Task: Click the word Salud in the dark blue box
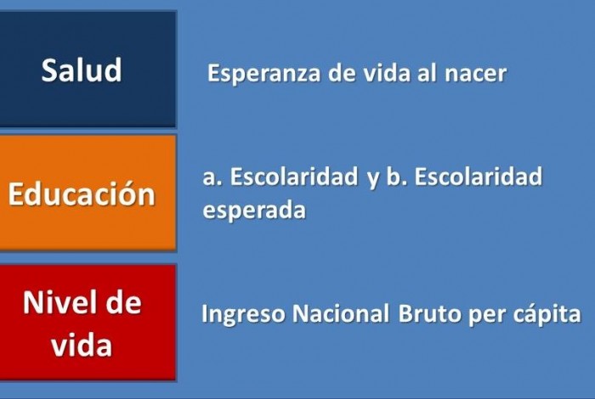tap(82, 70)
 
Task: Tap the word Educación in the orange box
tap(82, 194)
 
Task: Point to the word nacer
tap(475, 74)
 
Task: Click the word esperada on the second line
tap(254, 211)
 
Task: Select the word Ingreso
tap(243, 314)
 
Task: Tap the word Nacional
tap(341, 313)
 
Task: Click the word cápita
tap(547, 314)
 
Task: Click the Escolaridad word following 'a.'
tap(294, 177)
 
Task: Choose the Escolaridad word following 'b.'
tap(479, 177)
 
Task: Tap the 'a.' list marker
tap(212, 178)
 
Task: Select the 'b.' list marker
tap(397, 177)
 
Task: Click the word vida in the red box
tap(82, 345)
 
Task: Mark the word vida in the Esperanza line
tap(387, 72)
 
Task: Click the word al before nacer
tap(427, 72)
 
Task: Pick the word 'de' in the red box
tap(123, 302)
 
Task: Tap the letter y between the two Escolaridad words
tap(372, 180)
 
